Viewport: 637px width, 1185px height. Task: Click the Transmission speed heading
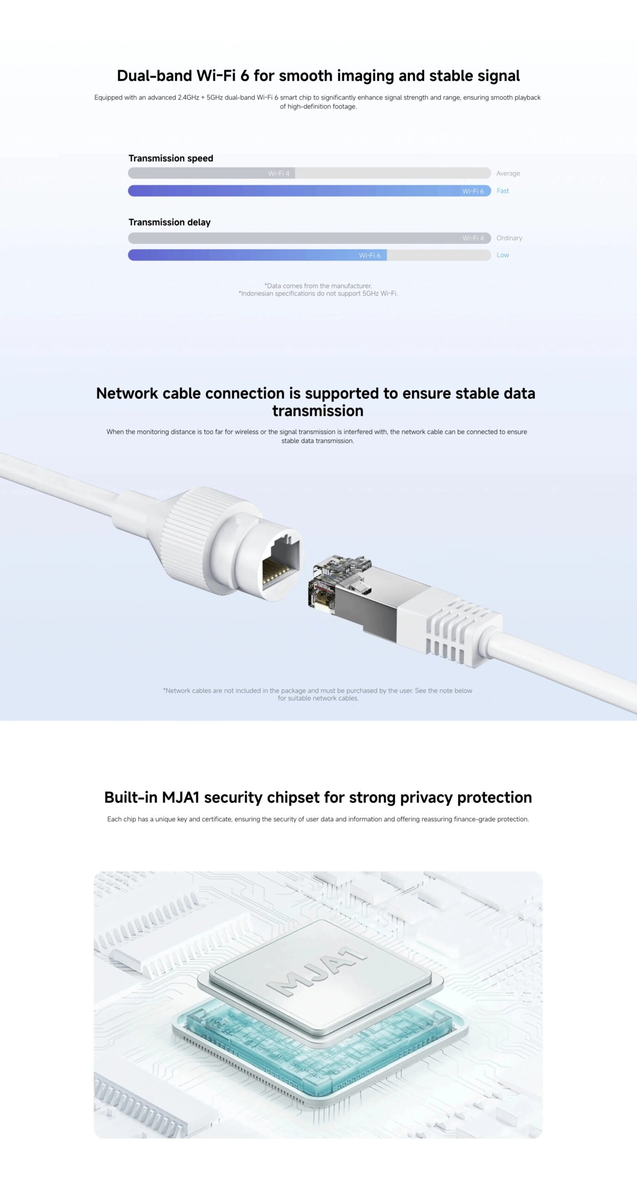tap(171, 158)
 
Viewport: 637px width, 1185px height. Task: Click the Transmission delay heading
tap(169, 222)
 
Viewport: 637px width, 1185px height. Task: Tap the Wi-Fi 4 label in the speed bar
tap(278, 173)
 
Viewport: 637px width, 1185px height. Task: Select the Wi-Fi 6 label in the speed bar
tap(473, 191)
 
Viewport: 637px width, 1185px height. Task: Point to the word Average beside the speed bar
tap(508, 173)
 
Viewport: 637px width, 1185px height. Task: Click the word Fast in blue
tap(502, 191)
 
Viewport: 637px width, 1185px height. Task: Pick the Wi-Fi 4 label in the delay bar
tap(473, 238)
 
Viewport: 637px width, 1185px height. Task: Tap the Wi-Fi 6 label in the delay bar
tap(370, 255)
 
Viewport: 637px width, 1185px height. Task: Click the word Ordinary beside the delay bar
tap(509, 238)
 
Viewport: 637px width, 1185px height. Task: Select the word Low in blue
tap(502, 255)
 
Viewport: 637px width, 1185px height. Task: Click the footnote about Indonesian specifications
tap(318, 293)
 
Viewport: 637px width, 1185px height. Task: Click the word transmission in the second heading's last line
tap(318, 411)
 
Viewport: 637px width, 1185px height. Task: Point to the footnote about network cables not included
tap(318, 694)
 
